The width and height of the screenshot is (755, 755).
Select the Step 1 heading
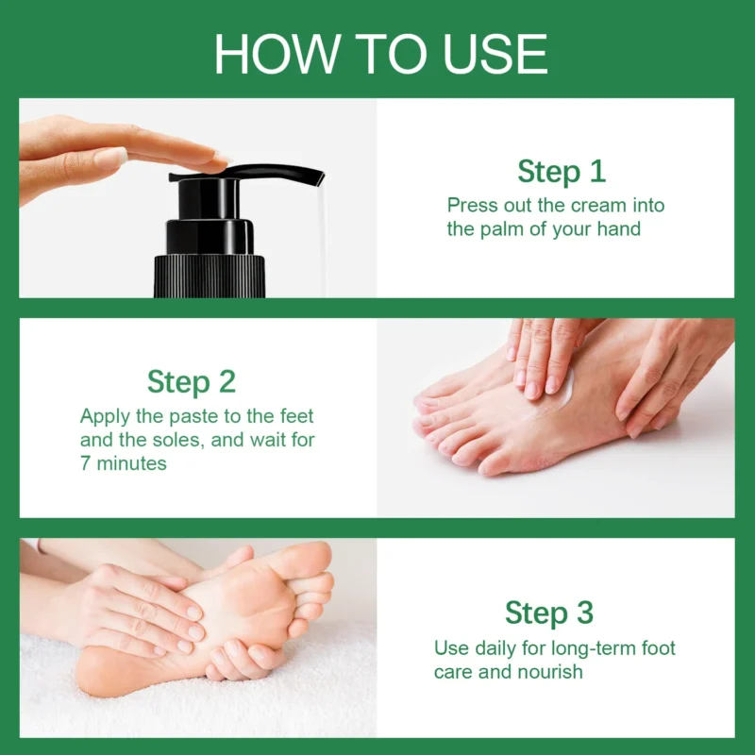point(561,172)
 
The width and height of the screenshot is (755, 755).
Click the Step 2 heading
point(191,381)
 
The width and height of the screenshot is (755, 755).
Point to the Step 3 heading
point(549,612)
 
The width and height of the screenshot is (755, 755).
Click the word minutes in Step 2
point(131,463)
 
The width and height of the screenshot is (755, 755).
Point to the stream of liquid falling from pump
point(321,236)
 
